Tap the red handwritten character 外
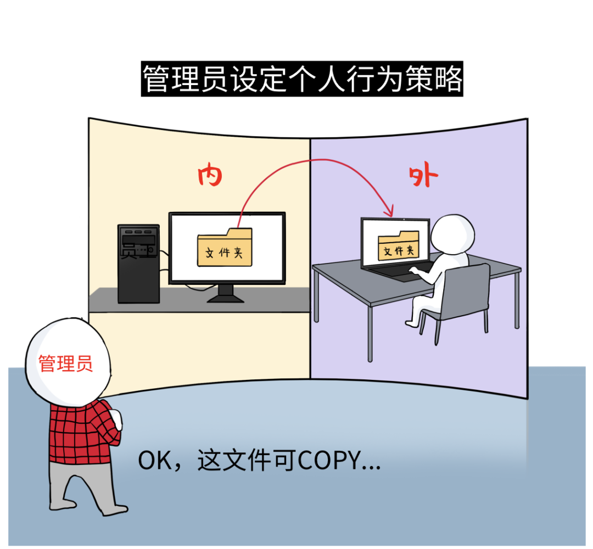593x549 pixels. click(x=423, y=177)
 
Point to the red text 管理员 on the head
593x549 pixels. click(x=65, y=363)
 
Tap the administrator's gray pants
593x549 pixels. click(x=82, y=483)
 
